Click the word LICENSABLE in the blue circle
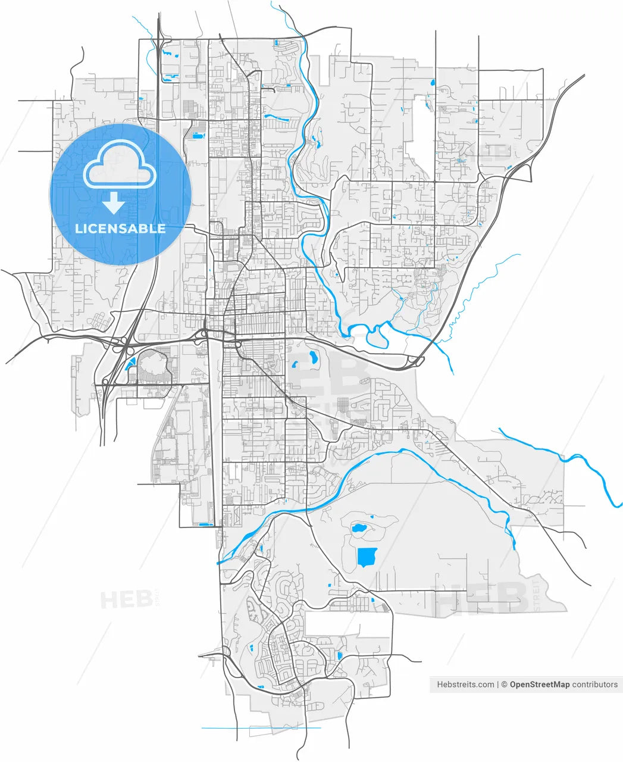point(120,229)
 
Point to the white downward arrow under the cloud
point(113,203)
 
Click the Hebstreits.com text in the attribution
point(465,685)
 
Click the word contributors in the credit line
point(594,685)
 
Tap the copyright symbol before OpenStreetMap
point(503,685)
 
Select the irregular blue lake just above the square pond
point(359,527)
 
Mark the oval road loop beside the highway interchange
point(154,366)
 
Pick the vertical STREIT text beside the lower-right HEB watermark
point(537,593)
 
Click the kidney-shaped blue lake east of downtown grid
point(312,358)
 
